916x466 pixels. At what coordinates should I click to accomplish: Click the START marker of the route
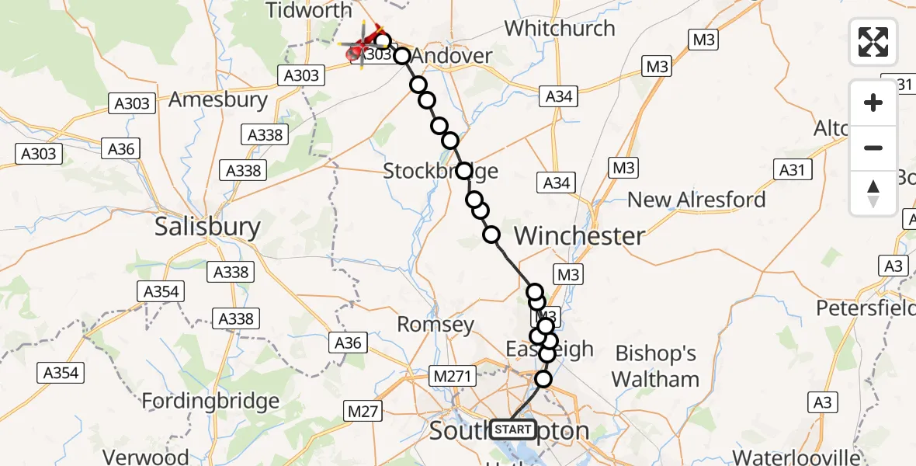tap(513, 429)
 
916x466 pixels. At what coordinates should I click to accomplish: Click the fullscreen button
tap(873, 41)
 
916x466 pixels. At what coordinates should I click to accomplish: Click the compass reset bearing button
tap(873, 193)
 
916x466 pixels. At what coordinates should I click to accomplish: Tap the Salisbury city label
tap(207, 227)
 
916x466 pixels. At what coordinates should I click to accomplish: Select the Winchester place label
tap(579, 235)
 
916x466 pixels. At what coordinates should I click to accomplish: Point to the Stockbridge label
tap(440, 171)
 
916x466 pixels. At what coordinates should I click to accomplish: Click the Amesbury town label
tap(218, 99)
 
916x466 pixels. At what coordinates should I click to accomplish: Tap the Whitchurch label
tap(559, 29)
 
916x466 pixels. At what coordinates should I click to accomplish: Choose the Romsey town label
tap(435, 324)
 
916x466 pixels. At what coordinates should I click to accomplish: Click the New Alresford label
tap(696, 200)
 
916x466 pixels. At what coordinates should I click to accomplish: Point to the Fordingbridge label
tap(210, 402)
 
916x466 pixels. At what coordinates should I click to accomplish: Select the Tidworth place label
tap(308, 11)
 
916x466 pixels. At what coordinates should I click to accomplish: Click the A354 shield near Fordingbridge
tap(61, 373)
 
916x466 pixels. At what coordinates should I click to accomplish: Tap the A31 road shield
tap(793, 169)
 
